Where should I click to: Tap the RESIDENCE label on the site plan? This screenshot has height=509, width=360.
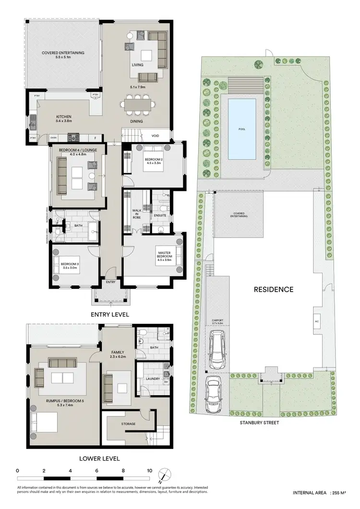click(273, 289)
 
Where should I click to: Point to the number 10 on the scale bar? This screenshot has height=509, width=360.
click(150, 471)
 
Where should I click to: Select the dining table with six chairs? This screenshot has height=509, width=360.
click(137, 103)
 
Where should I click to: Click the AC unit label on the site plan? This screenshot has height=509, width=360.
click(317, 321)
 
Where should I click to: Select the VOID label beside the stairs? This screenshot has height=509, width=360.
click(156, 136)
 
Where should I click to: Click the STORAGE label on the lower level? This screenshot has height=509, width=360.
click(128, 424)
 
